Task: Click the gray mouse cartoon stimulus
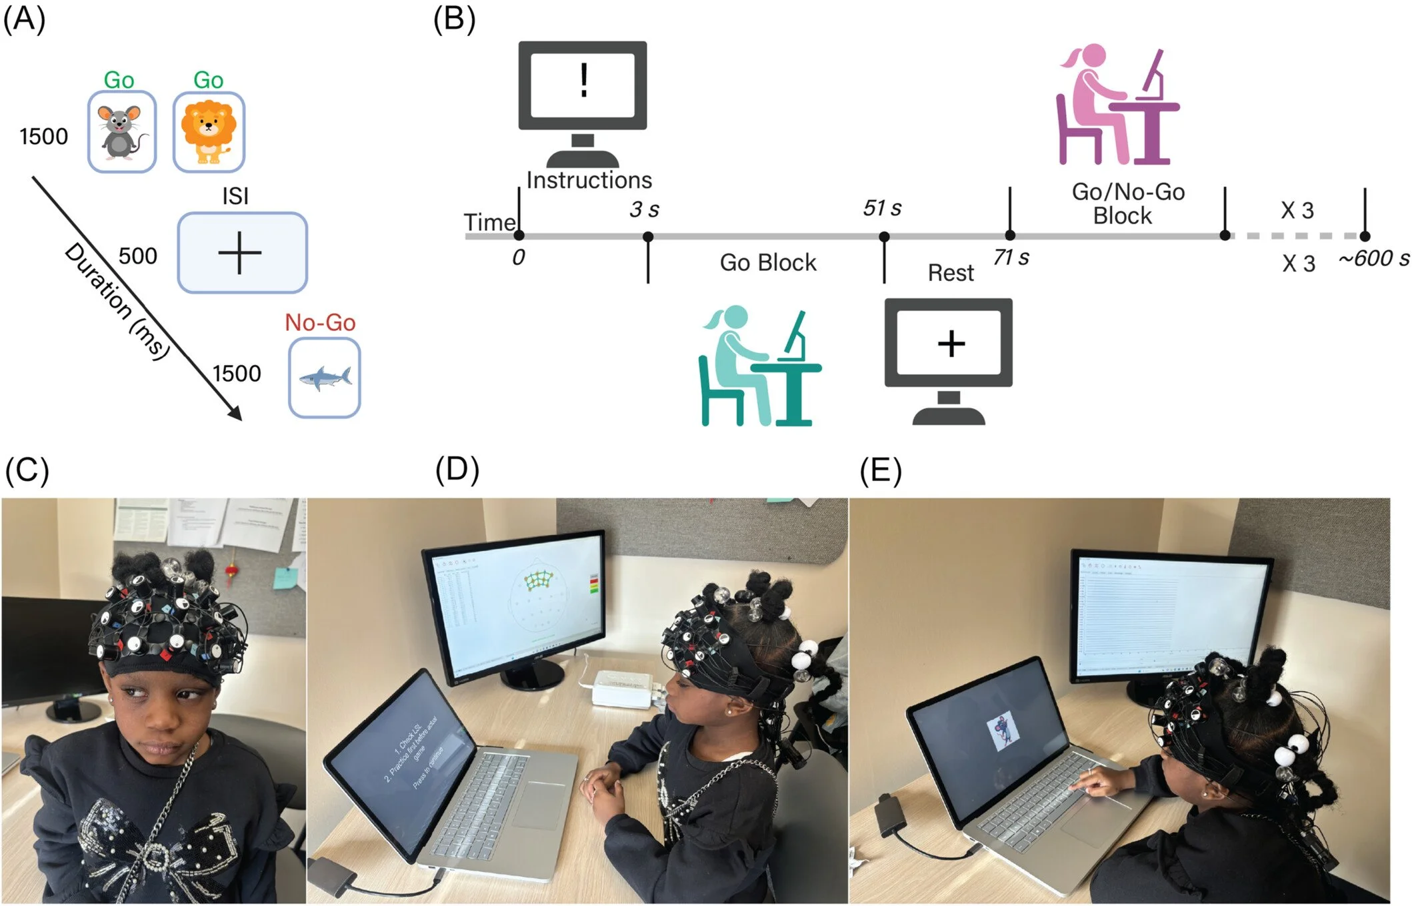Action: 122,132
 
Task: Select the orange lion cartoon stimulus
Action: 208,132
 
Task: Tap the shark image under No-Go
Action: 325,378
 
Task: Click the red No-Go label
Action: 320,322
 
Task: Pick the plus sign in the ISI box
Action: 240,253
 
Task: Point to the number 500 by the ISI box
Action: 137,256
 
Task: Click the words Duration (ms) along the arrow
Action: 117,301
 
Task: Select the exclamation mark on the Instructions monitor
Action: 584,81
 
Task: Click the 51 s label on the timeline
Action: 881,208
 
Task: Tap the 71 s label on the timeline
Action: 1011,258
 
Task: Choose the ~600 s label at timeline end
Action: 1373,258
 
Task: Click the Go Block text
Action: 767,263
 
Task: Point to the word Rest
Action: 950,273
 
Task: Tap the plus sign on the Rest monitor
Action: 951,344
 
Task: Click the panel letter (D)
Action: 457,470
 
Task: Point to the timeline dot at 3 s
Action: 647,236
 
